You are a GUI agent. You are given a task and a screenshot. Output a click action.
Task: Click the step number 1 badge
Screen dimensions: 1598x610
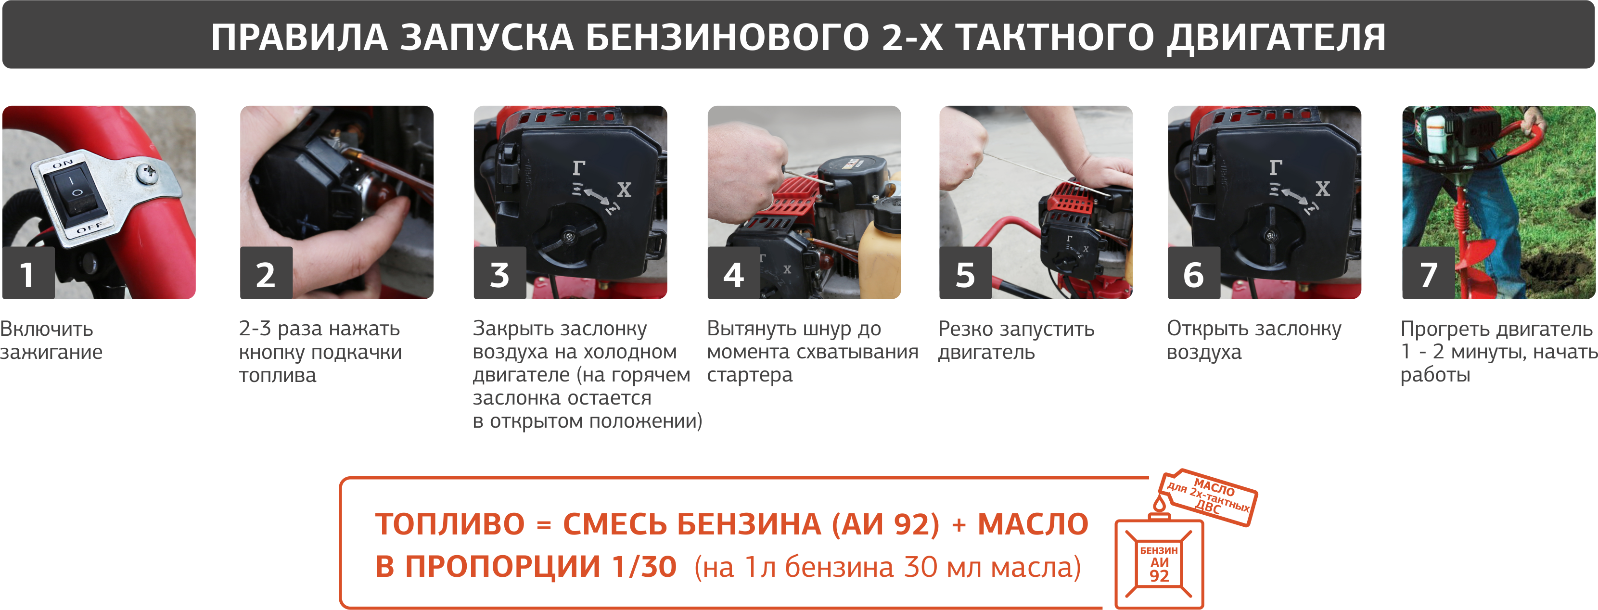[28, 273]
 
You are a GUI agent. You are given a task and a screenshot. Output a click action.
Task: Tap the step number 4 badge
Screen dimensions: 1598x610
[733, 273]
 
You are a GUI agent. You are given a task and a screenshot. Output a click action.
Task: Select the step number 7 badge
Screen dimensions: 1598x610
[1428, 273]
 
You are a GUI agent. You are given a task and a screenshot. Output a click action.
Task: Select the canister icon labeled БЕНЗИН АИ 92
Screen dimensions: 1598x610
[1159, 563]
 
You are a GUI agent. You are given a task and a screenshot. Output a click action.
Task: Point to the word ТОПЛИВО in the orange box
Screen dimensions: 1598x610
[450, 524]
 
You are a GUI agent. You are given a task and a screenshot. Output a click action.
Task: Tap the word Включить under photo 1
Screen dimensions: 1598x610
[47, 329]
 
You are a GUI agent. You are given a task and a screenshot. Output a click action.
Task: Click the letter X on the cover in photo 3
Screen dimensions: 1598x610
[624, 190]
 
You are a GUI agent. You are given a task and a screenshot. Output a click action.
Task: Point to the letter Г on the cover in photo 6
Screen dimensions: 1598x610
[1276, 167]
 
